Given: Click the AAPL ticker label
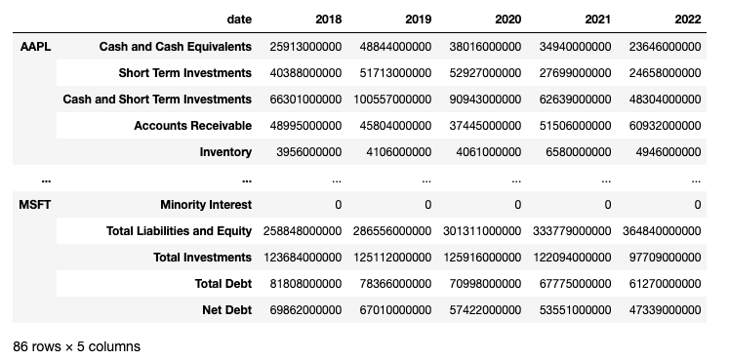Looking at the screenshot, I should [35, 47].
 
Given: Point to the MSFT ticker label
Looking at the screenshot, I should [35, 205].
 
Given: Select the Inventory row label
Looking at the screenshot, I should [225, 152].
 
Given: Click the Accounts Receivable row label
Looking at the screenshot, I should [193, 126].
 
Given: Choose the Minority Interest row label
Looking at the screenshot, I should [206, 205].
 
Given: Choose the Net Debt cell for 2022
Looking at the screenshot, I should [662, 309].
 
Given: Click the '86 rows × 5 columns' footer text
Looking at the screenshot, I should [76, 346].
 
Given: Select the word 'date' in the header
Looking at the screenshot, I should [238, 20].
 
